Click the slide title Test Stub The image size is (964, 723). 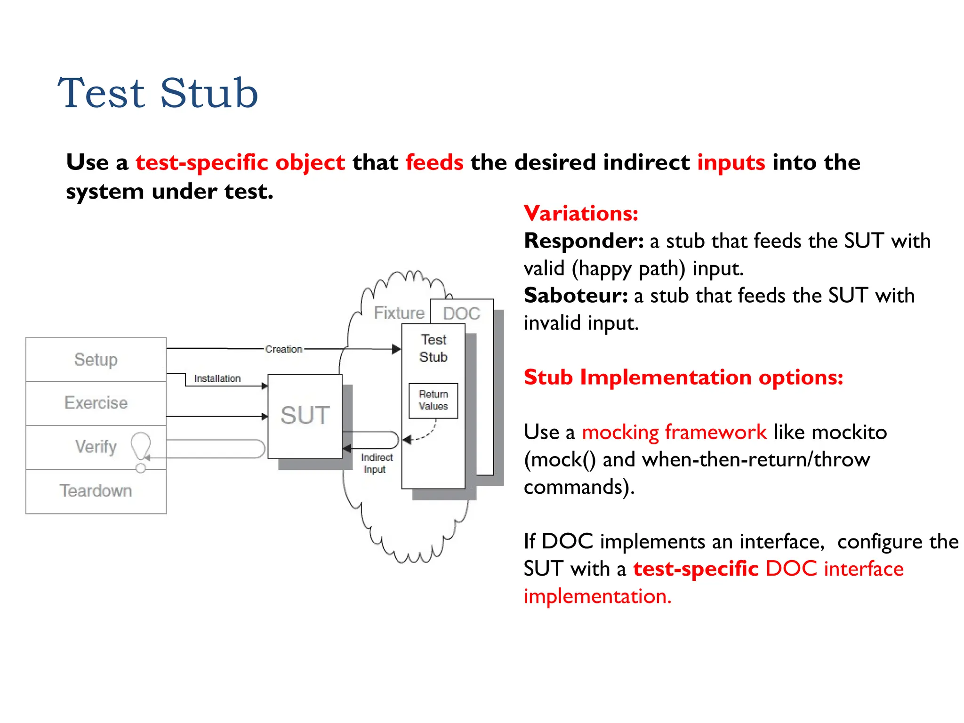point(158,93)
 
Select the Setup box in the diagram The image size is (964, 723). point(96,360)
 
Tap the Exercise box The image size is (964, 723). point(96,403)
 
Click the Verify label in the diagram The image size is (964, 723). point(96,447)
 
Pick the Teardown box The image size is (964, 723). point(96,491)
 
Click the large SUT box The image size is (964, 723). point(305,416)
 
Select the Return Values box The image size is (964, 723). point(434,401)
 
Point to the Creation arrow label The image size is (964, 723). point(283,349)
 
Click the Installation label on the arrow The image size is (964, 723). point(217,378)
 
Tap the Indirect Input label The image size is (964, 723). point(376,464)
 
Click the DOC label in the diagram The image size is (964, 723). point(462,313)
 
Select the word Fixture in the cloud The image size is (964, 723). point(399,313)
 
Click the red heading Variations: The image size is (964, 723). point(581,213)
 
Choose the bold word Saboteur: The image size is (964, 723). point(576,296)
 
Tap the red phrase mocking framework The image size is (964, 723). point(674,432)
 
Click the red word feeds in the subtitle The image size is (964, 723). point(434,162)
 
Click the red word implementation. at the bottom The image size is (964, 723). point(597,596)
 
